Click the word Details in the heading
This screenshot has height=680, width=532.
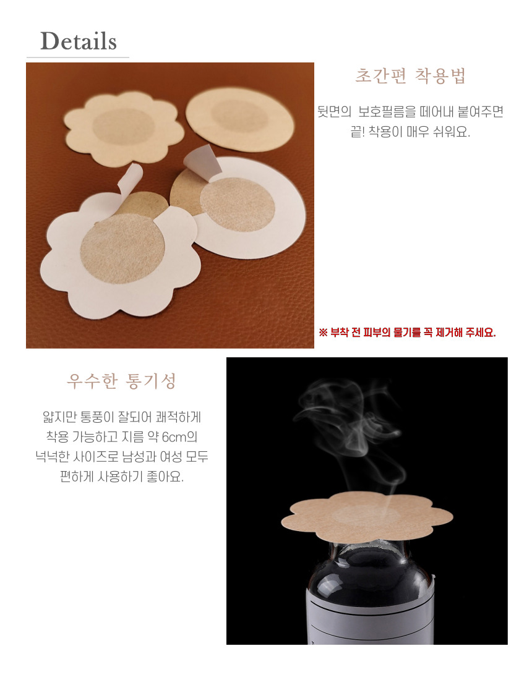pyautogui.click(x=79, y=41)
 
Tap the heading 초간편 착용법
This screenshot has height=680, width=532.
pyautogui.click(x=410, y=75)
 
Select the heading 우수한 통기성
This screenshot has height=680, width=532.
pyautogui.click(x=121, y=381)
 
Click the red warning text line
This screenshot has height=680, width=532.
pyautogui.click(x=407, y=333)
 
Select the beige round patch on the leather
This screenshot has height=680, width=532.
pyautogui.click(x=239, y=119)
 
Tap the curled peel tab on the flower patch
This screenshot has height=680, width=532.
pyautogui.click(x=129, y=179)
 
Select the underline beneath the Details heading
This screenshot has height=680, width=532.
pyautogui.click(x=78, y=57)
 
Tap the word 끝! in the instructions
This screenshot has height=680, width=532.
pyautogui.click(x=357, y=132)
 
